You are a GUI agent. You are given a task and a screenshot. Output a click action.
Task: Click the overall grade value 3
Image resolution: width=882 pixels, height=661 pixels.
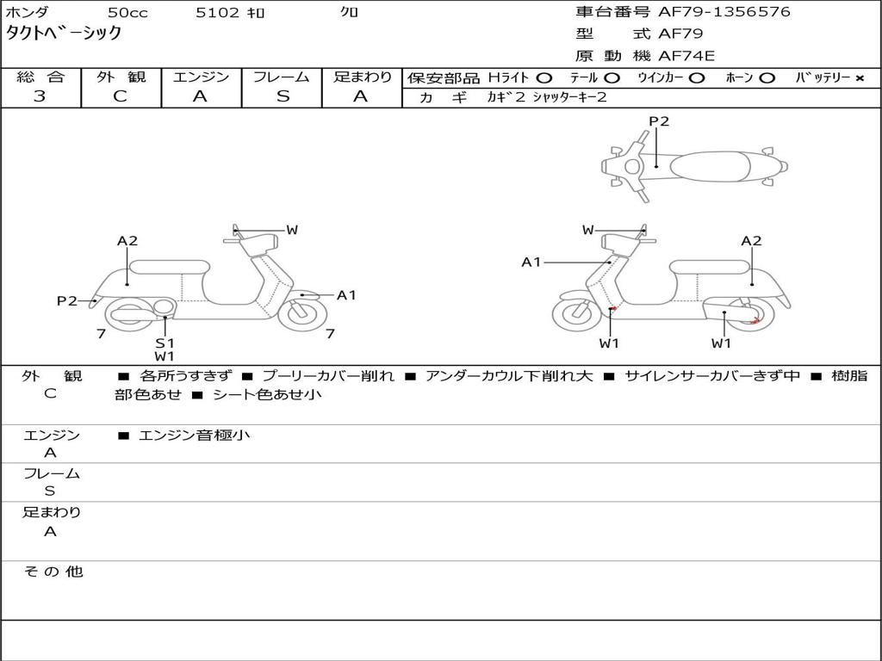point(40,96)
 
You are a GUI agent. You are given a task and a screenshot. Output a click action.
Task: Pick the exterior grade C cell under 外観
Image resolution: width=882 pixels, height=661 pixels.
point(120,96)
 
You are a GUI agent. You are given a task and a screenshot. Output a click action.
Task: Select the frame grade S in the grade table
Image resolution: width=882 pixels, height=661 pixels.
point(283,96)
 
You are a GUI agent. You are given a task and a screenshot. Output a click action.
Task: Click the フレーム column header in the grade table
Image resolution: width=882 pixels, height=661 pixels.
point(283,77)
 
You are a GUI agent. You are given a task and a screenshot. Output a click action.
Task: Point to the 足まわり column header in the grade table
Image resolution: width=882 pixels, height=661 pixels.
point(362,77)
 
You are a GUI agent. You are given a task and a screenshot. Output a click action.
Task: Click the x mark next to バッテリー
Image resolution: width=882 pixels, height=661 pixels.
point(859,78)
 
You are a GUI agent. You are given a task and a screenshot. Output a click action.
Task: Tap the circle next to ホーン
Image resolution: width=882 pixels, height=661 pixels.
point(767,78)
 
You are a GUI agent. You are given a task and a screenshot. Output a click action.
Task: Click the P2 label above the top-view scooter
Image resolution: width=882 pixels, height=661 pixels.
point(659,121)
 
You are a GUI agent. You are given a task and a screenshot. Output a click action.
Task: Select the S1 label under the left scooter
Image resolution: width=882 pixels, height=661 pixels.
point(165,343)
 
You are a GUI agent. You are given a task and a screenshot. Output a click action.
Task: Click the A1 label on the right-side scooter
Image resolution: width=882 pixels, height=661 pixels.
point(531,262)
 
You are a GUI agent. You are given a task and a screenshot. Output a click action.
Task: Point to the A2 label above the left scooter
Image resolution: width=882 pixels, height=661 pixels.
point(127,241)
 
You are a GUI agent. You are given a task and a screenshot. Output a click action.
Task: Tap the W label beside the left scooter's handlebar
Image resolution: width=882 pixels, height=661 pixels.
point(292,230)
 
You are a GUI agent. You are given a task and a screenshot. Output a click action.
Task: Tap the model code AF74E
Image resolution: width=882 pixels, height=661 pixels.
point(686,56)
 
